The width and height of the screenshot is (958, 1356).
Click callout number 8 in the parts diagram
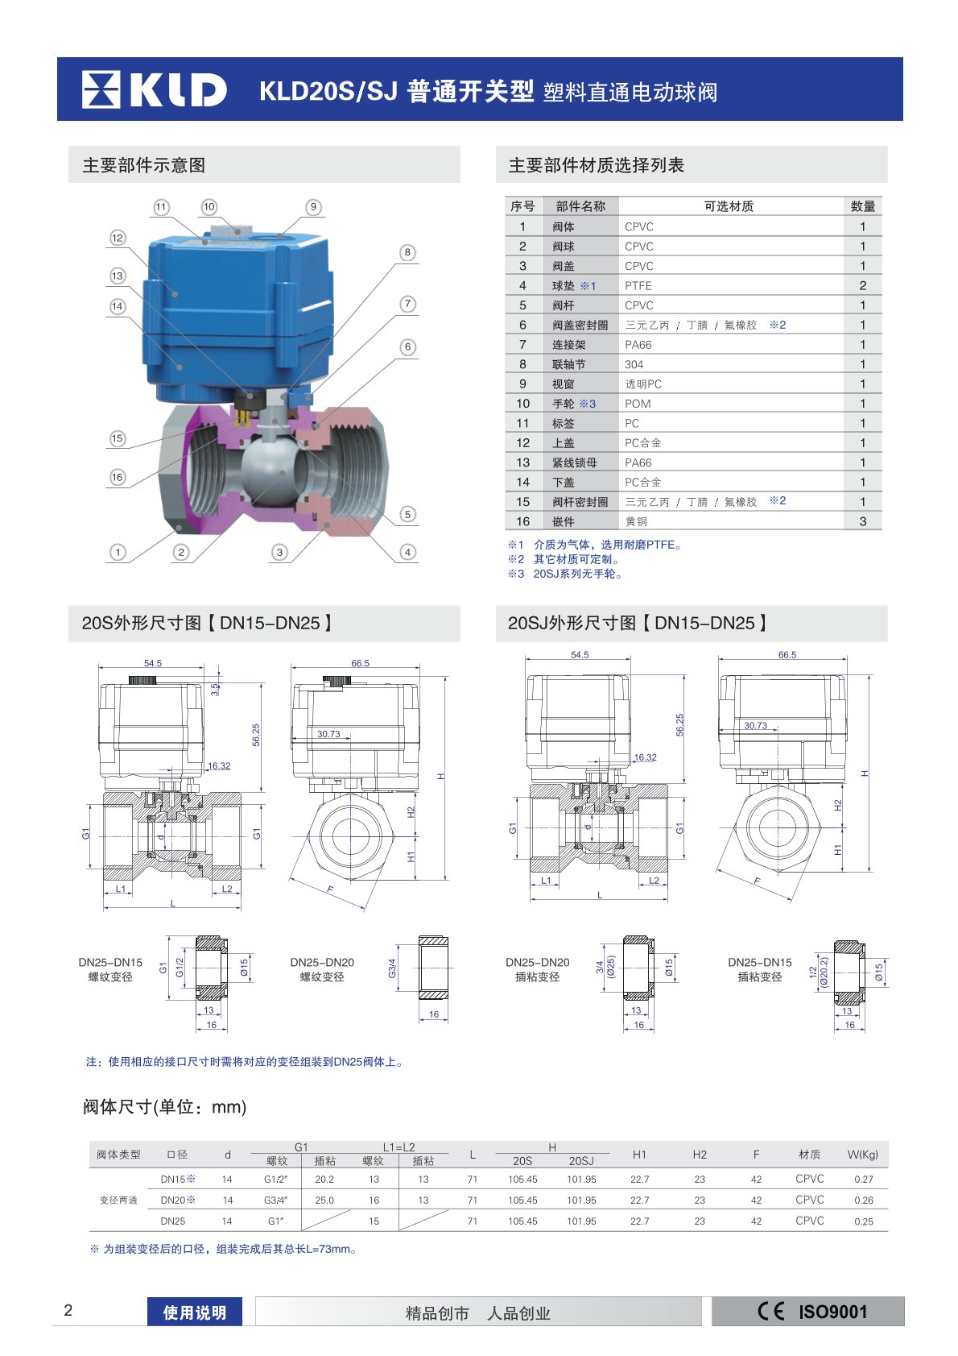[407, 252]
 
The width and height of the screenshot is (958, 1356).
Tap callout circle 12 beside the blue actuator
[118, 238]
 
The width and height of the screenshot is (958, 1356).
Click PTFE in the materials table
[638, 286]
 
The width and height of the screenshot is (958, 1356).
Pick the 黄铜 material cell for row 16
[636, 521]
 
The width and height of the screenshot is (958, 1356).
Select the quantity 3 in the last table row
[862, 521]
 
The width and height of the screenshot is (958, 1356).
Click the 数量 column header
[862, 206]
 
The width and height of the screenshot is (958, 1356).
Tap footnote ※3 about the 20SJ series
[565, 574]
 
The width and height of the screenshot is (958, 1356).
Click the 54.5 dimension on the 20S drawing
[153, 663]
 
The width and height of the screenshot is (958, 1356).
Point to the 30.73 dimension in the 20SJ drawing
[755, 725]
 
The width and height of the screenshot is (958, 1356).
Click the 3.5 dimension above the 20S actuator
[214, 690]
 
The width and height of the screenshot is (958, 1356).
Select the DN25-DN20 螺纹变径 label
[322, 969]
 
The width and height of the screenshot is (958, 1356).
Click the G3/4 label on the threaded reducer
[392, 968]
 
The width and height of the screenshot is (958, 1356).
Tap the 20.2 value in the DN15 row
[324, 1179]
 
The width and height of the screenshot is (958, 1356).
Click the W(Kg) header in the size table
[862, 1155]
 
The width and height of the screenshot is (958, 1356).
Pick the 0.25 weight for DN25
[863, 1221]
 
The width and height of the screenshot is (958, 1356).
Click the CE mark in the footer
[770, 1311]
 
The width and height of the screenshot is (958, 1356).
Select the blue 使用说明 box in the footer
[194, 1312]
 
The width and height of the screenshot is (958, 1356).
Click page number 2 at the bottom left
[68, 1310]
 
